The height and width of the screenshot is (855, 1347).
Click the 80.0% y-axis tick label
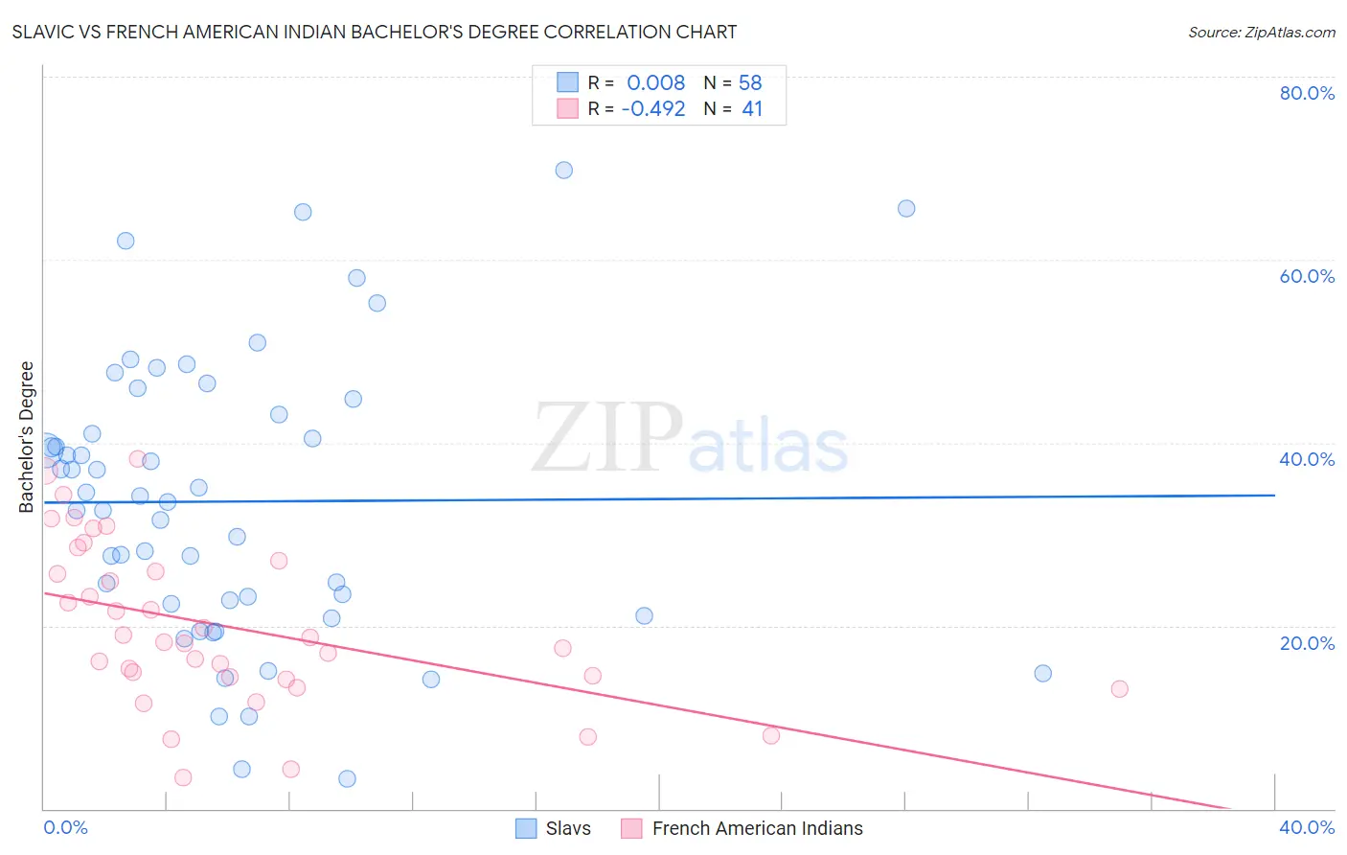coord(1307,93)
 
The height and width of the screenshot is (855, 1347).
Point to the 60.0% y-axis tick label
coord(1307,276)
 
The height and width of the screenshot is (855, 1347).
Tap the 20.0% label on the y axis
coord(1307,643)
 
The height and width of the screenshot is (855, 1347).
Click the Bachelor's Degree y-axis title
coord(27,437)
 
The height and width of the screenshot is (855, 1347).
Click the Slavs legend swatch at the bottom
coord(526,828)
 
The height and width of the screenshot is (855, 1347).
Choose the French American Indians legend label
coord(757,828)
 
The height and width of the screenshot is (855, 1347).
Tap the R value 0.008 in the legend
coord(655,82)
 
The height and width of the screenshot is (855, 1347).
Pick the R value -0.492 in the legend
coord(653,109)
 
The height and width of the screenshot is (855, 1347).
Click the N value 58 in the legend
coord(750,82)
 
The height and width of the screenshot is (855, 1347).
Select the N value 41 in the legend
coord(752,109)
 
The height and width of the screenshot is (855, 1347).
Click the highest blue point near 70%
coord(564,170)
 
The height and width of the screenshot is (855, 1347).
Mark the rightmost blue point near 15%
coord(1043,673)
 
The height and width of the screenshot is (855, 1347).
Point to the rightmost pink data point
coord(1119,688)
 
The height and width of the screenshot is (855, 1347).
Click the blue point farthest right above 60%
coord(906,208)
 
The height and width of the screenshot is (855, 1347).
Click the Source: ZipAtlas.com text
coord(1261,33)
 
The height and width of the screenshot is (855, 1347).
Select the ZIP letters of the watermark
coord(607,438)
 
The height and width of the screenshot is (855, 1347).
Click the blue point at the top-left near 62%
coord(126,241)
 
